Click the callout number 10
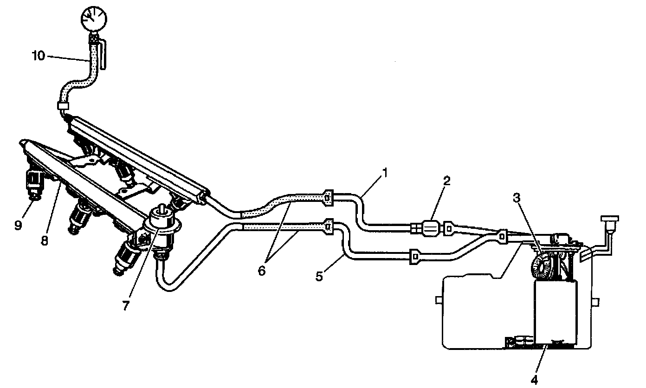tap(39, 56)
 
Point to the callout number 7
tap(125, 306)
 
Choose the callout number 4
tap(535, 380)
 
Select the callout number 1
tap(384, 173)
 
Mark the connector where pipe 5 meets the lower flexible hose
tap(329, 226)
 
